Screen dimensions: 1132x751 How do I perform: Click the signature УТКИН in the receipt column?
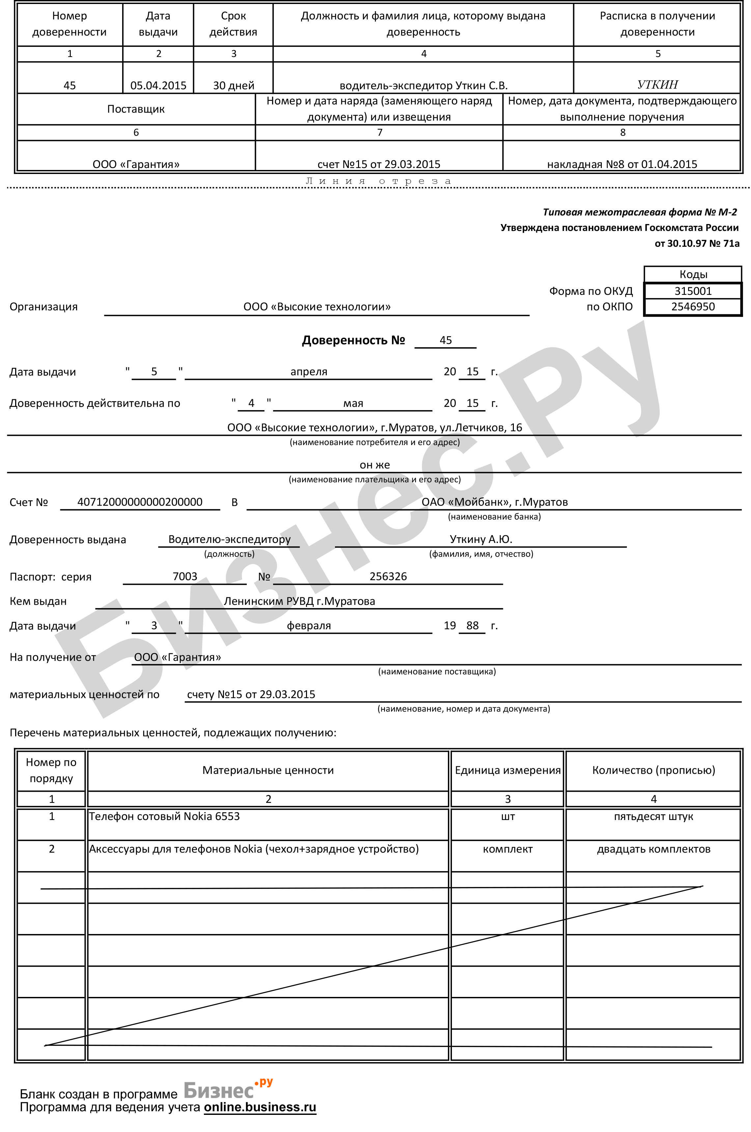(x=657, y=85)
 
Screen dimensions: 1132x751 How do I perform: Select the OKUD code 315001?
(x=693, y=291)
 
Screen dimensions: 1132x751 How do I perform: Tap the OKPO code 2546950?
(x=693, y=307)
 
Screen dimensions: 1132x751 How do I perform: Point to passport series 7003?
(x=185, y=576)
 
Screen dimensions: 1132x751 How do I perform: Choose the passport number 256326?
(x=388, y=576)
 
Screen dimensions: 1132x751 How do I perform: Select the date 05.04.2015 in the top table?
(x=158, y=86)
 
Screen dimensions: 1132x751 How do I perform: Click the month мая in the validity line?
(x=353, y=403)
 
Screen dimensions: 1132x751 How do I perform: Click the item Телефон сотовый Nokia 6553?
(x=164, y=816)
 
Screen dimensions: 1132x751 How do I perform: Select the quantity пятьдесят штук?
(x=653, y=816)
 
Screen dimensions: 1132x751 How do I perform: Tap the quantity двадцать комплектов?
(x=653, y=849)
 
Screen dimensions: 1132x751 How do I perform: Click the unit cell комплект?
(x=507, y=849)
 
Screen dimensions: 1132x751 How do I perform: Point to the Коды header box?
(x=693, y=274)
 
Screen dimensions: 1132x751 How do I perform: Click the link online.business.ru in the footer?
(x=260, y=1107)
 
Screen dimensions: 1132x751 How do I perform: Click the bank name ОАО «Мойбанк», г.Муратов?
(x=494, y=502)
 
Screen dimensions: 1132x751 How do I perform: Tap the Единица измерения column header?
(x=507, y=770)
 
